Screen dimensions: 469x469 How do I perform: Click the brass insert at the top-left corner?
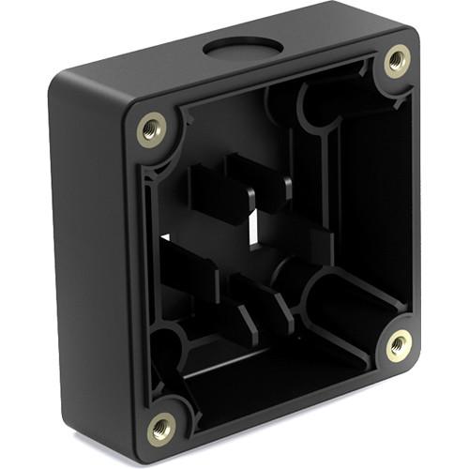(x=150, y=129)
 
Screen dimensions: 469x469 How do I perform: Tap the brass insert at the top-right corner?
(x=398, y=61)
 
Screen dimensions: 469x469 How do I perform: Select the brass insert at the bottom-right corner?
(x=399, y=345)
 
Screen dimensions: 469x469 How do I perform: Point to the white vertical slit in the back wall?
(x=254, y=225)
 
